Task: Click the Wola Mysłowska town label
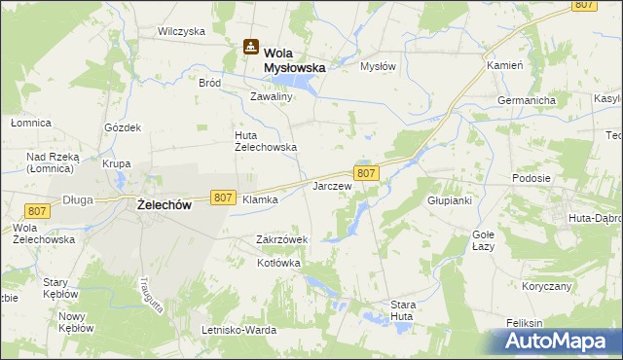pyautogui.click(x=295, y=60)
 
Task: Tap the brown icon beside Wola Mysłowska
pyautogui.click(x=250, y=46)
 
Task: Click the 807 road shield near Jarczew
pyautogui.click(x=366, y=173)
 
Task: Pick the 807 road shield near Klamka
pyautogui.click(x=222, y=198)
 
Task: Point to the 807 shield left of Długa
pyautogui.click(x=38, y=211)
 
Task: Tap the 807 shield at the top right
pyautogui.click(x=584, y=5)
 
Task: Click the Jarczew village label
pyautogui.click(x=331, y=185)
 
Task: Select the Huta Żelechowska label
pyautogui.click(x=265, y=141)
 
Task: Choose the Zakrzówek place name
pyautogui.click(x=282, y=239)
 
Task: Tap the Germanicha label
pyautogui.click(x=526, y=101)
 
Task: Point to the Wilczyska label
pyautogui.click(x=182, y=31)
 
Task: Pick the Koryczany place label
pyautogui.click(x=545, y=287)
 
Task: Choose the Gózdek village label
pyautogui.click(x=124, y=127)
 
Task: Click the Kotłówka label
pyautogui.click(x=279, y=263)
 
